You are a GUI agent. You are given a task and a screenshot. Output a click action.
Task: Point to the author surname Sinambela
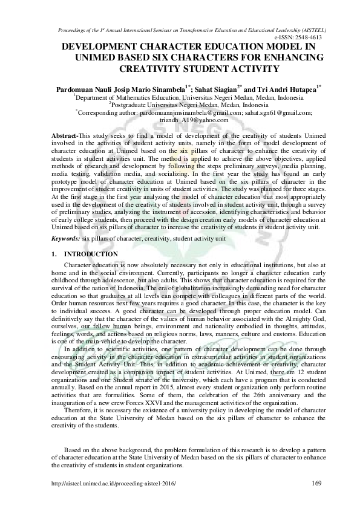[163, 88]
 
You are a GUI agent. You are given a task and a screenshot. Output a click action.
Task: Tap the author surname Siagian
[220, 88]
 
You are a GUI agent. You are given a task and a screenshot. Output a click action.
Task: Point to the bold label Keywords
[64, 239]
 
